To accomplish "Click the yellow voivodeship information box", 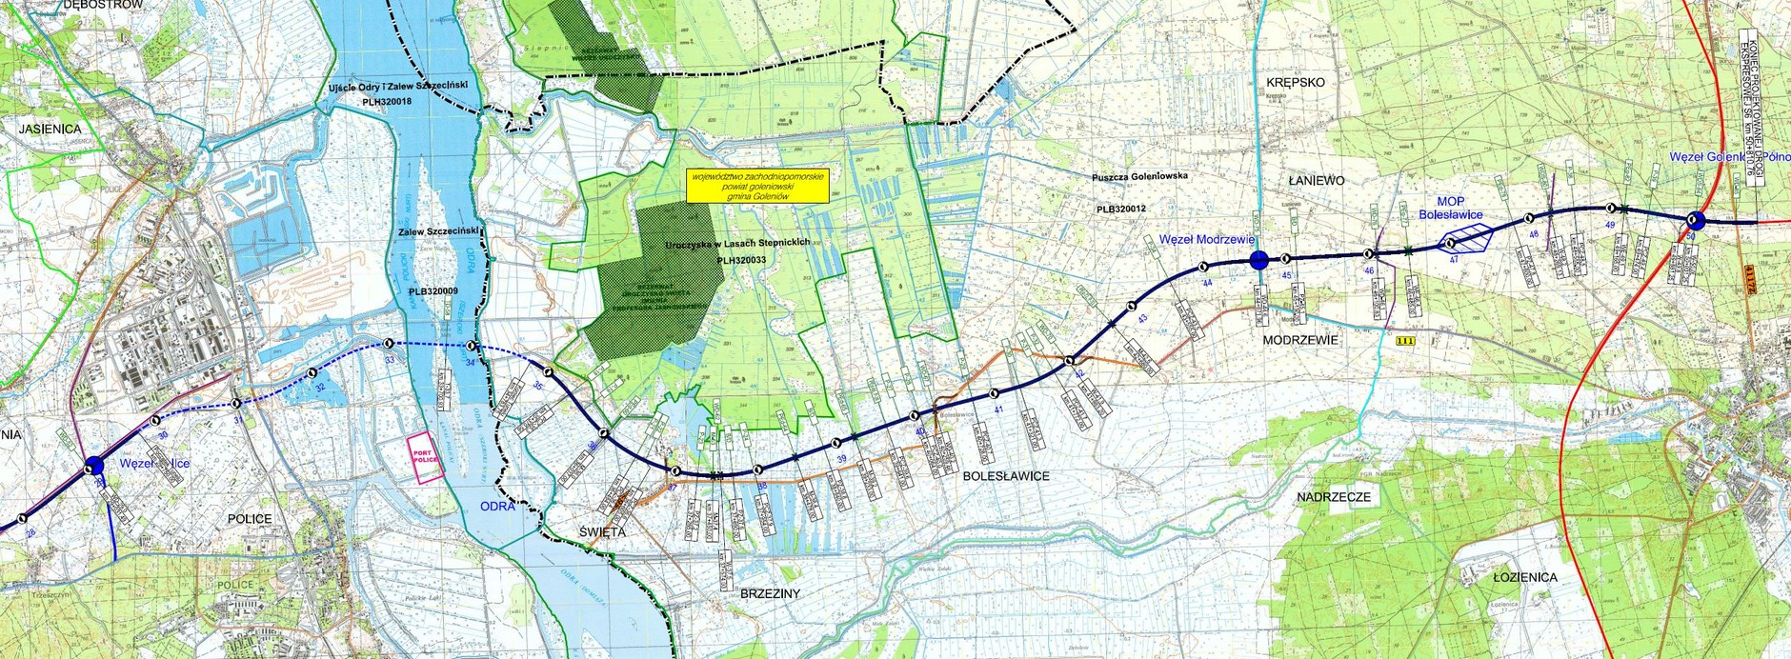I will [757, 186].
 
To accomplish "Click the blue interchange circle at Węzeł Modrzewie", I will [1258, 259].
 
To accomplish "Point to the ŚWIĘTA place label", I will [602, 532].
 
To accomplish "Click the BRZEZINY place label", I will [770, 593].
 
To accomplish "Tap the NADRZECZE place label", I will [1333, 497].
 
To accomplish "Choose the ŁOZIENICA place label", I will [1524, 577].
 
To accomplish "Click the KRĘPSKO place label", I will [1296, 83].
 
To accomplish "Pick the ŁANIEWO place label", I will [1316, 181].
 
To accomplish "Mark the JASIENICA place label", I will [49, 129].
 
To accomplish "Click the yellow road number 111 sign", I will [1402, 341].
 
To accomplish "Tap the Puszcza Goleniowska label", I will [1140, 176].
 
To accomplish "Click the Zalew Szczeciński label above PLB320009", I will [437, 231].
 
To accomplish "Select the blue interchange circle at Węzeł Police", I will [93, 466].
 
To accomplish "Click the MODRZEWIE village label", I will [1300, 340].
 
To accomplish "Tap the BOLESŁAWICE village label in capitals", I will [1005, 476].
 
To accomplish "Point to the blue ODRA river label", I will [493, 506].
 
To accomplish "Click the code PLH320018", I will [387, 101].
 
